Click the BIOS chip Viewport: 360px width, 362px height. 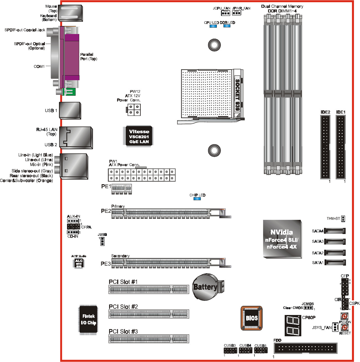pos(251,318)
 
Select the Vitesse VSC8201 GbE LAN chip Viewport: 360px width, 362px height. pos(139,136)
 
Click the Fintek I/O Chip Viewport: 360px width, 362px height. pos(88,319)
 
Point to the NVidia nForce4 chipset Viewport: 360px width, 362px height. pos(282,239)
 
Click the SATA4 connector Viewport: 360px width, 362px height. pos(335,231)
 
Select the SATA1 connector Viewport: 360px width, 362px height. pos(335,262)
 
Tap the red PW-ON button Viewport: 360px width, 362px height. pos(344,316)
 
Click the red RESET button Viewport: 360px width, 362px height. pos(344,328)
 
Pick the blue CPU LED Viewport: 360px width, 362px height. pos(213,26)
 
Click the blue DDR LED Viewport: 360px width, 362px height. pos(227,26)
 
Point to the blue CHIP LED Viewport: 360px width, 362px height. pos(197,198)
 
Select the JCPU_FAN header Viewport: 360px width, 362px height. pos(225,13)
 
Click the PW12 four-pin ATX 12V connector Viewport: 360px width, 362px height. pos(134,110)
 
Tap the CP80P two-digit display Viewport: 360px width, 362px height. pos(292,325)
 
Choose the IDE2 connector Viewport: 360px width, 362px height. pos(325,147)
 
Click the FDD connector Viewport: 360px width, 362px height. pos(305,348)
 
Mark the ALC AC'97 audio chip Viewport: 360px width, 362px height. pos(79,263)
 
